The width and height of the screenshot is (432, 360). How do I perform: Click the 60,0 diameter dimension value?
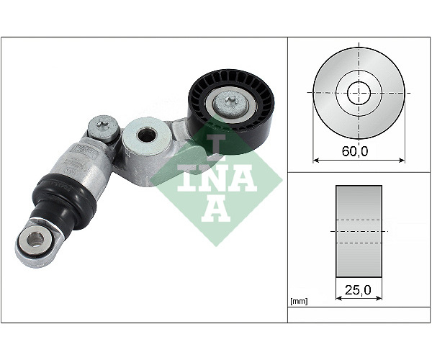[x=355, y=151]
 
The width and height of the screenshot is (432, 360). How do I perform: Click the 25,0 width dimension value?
[x=358, y=289]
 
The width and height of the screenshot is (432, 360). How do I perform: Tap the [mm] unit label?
[x=300, y=302]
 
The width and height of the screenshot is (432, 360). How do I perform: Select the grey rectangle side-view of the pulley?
[x=359, y=231]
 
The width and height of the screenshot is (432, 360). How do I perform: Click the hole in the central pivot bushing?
[x=147, y=135]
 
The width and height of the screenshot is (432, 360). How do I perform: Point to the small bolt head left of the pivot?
[x=103, y=127]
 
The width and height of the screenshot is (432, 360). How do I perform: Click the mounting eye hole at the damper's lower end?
[x=35, y=239]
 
